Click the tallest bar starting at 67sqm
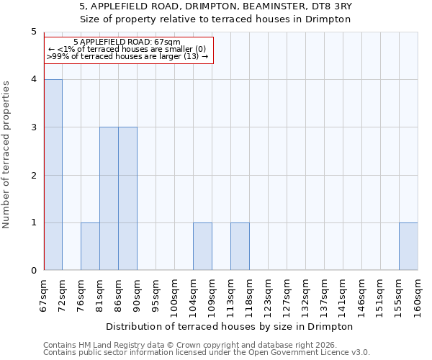(x=53, y=175)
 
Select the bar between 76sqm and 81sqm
(x=90, y=246)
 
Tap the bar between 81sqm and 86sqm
(x=109, y=199)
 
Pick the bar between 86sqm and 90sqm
(x=127, y=199)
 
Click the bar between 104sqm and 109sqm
(x=202, y=246)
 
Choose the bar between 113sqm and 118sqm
(x=240, y=246)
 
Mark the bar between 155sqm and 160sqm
(x=408, y=246)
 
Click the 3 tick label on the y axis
(x=34, y=127)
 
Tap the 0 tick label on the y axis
(x=34, y=271)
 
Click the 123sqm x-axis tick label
(x=269, y=294)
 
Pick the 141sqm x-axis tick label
(x=343, y=294)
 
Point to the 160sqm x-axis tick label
(x=418, y=294)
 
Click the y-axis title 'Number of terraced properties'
(x=7, y=155)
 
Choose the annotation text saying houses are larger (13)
(x=127, y=56)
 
